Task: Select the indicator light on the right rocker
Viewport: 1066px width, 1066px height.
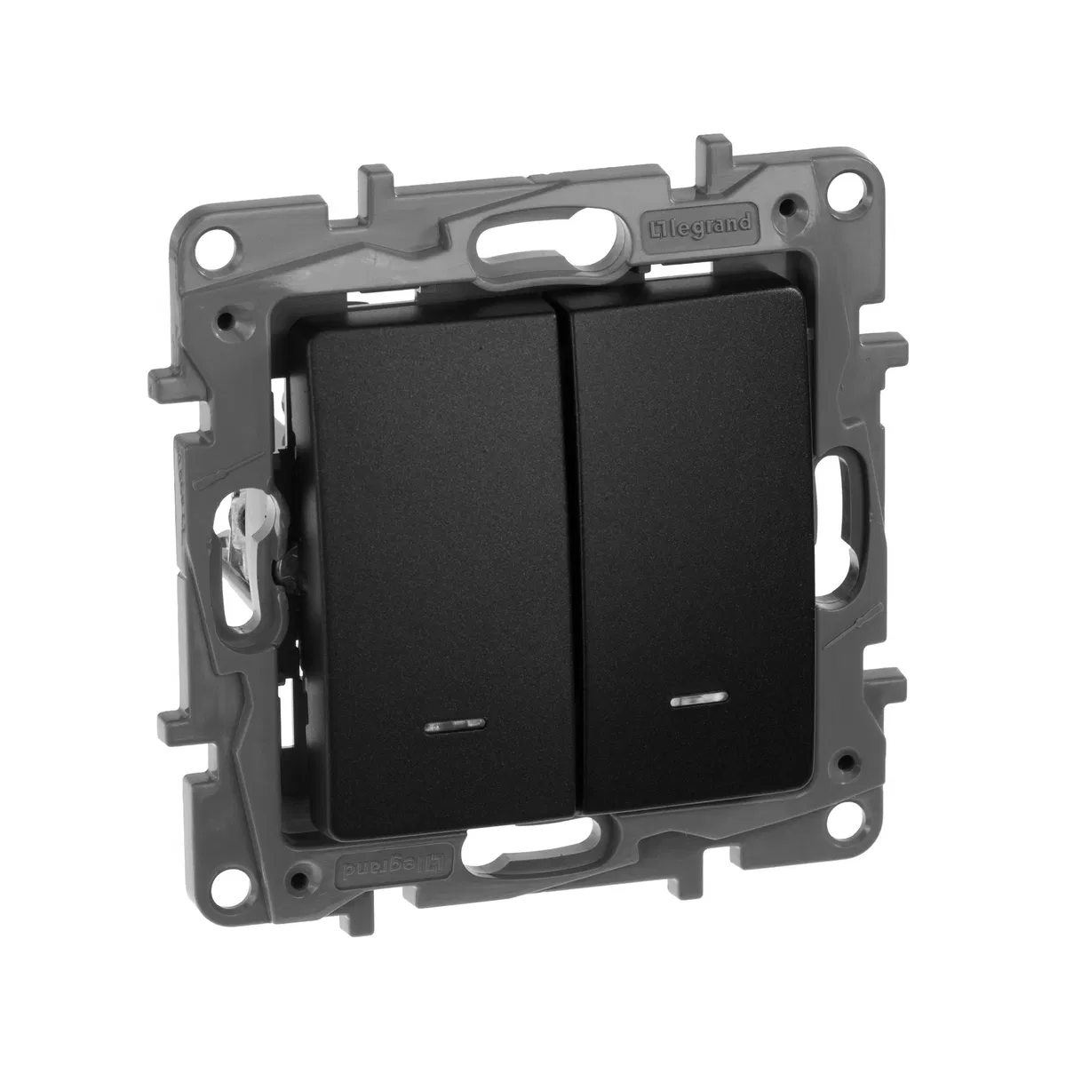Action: (699, 700)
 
